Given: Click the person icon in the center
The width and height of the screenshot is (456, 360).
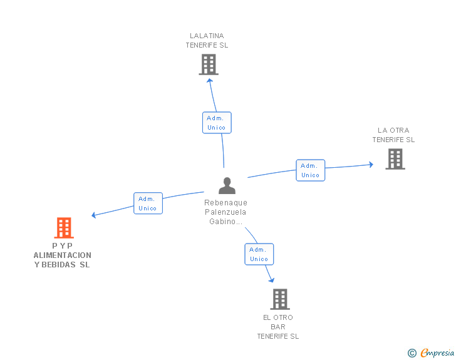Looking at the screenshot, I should click(x=227, y=185).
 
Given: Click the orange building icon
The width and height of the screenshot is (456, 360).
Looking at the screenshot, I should click(x=64, y=228).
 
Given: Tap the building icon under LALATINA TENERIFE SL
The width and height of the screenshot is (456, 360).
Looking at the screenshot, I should click(x=208, y=64).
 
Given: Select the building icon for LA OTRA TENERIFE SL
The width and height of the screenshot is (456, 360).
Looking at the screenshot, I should click(x=395, y=159).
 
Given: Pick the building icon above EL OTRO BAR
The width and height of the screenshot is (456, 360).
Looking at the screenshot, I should click(x=279, y=299).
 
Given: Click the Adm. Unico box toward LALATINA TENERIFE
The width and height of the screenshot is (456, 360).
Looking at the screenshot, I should click(x=217, y=123).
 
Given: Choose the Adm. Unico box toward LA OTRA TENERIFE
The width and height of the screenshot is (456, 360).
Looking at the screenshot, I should click(x=310, y=170).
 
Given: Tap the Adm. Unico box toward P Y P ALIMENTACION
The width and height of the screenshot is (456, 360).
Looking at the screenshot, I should click(x=148, y=203).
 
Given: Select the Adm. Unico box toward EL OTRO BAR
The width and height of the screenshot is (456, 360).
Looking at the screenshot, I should click(x=259, y=254).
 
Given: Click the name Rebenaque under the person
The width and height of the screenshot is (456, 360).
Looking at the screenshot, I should click(x=225, y=203).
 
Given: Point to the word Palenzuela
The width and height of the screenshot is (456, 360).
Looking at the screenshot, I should click(x=225, y=212).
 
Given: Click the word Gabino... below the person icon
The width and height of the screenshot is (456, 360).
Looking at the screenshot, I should click(x=225, y=222).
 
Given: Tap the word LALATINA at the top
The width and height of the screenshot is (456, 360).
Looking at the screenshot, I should click(x=207, y=36).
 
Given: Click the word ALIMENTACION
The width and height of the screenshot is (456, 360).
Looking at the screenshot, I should click(x=63, y=255).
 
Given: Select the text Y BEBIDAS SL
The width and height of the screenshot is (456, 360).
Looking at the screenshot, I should click(x=63, y=265).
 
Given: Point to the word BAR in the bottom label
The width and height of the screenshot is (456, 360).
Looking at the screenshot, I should click(x=278, y=327).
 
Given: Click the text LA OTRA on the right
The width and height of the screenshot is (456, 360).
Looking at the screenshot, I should click(x=393, y=131).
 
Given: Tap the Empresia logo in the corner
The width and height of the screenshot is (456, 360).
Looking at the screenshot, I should click(x=437, y=353).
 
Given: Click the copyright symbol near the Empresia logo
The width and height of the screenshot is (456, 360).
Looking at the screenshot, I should click(x=412, y=353).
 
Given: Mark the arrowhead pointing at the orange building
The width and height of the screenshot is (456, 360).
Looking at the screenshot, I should click(x=94, y=215).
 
